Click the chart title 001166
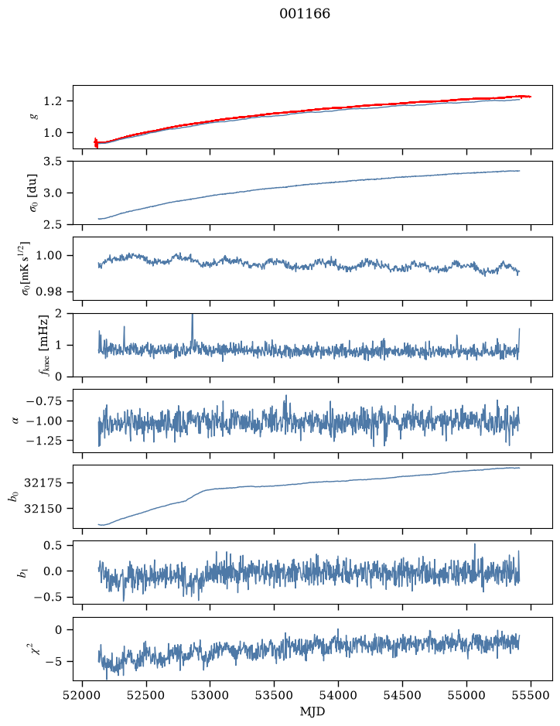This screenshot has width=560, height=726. pos(305,13)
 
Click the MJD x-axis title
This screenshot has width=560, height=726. pos(312,711)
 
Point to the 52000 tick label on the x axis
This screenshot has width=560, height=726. pos(83,695)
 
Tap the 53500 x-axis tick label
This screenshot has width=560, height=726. pos(275,695)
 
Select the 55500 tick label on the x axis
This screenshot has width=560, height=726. pos(531,695)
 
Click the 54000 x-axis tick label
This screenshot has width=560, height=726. pos(338,695)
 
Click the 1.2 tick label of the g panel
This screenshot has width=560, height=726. pos(52,101)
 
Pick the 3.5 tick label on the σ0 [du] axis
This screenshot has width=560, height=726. pos(52,162)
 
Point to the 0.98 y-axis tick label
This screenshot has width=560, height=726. pos(49,291)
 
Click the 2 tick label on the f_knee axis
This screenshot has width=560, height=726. pos(57,314)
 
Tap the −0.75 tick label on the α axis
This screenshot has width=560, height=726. pos(44,401)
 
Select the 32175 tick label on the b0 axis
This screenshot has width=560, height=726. pos(43,483)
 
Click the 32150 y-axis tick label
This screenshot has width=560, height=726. pos(43,509)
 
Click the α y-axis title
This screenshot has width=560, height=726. pos(16,421)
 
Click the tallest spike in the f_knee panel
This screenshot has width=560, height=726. pos(193,315)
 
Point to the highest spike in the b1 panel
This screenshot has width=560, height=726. pos(475,544)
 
